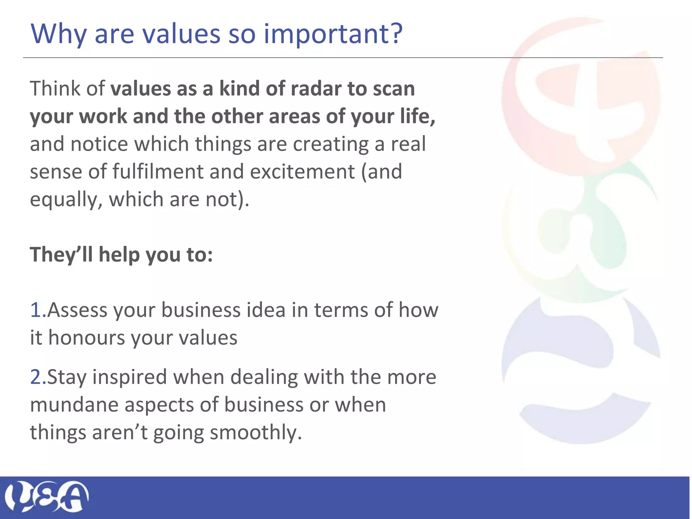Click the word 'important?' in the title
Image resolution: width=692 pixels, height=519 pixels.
click(x=333, y=34)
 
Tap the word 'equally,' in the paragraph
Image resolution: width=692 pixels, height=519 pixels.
click(x=66, y=199)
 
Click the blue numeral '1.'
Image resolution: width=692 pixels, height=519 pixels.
click(x=38, y=310)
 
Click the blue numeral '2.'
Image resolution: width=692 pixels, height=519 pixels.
click(x=38, y=377)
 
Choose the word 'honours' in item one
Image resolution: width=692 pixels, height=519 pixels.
click(x=86, y=338)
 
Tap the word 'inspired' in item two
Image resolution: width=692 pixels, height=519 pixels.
click(x=129, y=377)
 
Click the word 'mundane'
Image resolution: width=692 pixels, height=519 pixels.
click(x=74, y=404)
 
